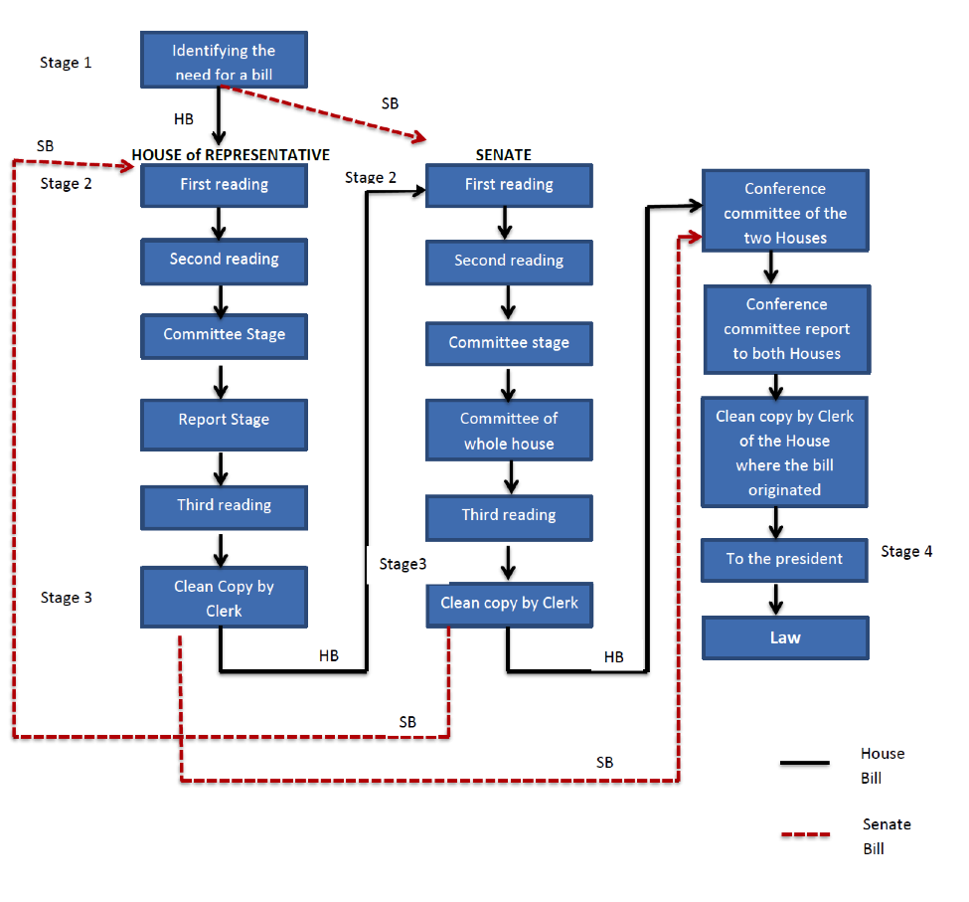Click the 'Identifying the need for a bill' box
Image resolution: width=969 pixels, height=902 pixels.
(x=224, y=60)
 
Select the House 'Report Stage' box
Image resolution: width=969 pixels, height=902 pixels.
(x=224, y=425)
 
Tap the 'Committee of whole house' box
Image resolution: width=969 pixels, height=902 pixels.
(x=509, y=430)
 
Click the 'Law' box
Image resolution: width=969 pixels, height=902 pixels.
(x=785, y=637)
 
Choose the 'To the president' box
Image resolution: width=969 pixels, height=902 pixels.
(x=784, y=560)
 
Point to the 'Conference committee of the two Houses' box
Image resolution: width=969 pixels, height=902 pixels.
(x=785, y=210)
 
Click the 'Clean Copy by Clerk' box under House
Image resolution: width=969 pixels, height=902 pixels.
(x=224, y=598)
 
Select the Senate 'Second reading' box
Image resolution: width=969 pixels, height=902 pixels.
(x=509, y=263)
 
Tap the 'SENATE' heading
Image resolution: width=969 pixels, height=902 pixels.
(x=504, y=154)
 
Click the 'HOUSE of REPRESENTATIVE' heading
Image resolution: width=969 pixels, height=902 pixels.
(x=231, y=154)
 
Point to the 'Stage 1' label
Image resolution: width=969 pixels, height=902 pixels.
(x=66, y=63)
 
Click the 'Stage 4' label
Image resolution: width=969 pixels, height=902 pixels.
(x=906, y=551)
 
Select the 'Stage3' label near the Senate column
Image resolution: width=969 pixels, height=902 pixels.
(x=403, y=564)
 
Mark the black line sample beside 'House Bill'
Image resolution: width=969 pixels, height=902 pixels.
(x=805, y=763)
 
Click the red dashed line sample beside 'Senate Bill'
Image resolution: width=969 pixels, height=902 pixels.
(x=805, y=834)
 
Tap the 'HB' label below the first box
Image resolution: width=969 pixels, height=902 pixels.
(x=184, y=119)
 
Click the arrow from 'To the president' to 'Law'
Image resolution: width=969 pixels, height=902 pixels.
(x=776, y=599)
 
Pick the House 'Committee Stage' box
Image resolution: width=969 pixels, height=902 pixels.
(x=224, y=336)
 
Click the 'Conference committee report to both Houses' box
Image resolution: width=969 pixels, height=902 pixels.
(x=787, y=329)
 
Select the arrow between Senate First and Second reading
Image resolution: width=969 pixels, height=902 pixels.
(x=505, y=223)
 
